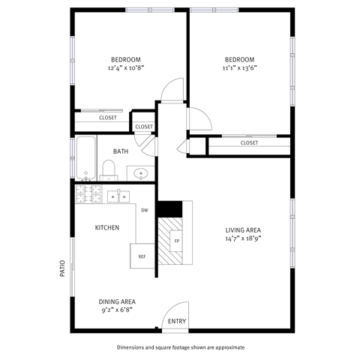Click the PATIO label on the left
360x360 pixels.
[x=62, y=269]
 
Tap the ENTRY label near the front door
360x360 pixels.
[x=177, y=322]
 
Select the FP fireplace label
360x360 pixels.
[x=176, y=241]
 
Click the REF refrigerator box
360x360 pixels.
[x=142, y=256]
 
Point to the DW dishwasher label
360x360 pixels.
[x=144, y=210]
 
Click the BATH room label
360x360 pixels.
[x=121, y=151]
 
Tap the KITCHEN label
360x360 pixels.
[x=106, y=227]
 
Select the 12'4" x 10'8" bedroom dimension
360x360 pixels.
[x=125, y=67]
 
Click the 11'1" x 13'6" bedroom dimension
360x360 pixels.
[x=240, y=67]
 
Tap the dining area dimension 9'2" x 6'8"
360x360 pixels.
[x=118, y=310]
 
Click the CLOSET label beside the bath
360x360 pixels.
[x=144, y=126]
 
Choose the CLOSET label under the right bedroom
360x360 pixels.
[x=249, y=142]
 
